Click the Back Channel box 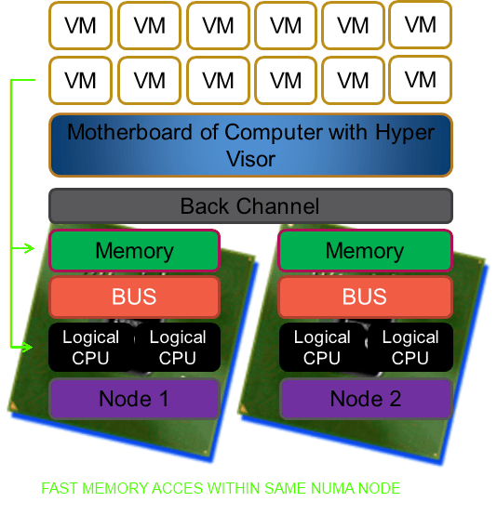(x=250, y=206)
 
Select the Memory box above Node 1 (x=134, y=251)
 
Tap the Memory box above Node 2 (x=365, y=251)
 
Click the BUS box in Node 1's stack (x=134, y=297)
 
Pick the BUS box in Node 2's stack (x=365, y=297)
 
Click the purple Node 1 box (x=134, y=399)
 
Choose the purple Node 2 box (x=366, y=399)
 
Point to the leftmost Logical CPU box (x=91, y=347)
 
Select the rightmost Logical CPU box (x=410, y=347)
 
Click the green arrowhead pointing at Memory (x=29, y=248)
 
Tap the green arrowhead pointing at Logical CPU (x=28, y=347)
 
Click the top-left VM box (x=81, y=26)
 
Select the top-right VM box (x=421, y=24)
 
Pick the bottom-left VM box (x=81, y=81)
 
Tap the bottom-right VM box (x=421, y=80)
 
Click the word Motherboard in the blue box (x=129, y=132)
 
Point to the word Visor (x=250, y=159)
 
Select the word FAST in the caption (x=60, y=488)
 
